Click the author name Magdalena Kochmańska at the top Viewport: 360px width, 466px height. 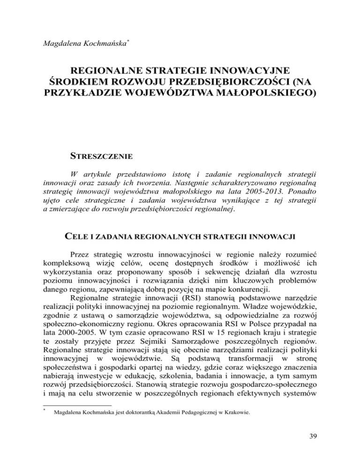tap(84, 44)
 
